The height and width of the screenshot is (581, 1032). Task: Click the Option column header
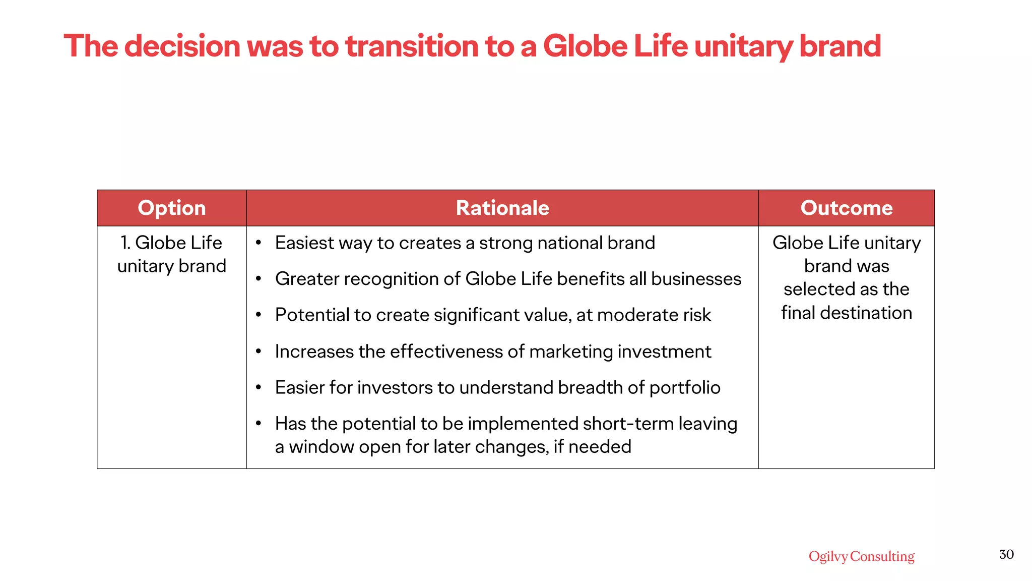(x=171, y=208)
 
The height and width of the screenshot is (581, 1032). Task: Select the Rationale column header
(x=502, y=208)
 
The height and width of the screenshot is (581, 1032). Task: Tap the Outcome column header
(x=846, y=208)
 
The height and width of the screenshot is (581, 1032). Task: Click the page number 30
(x=1006, y=555)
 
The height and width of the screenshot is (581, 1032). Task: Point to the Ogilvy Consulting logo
(x=861, y=556)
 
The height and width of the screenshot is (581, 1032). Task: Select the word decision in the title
(x=182, y=46)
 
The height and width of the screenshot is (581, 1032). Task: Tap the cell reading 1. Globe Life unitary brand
(x=171, y=254)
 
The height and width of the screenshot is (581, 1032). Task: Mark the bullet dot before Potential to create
(x=259, y=315)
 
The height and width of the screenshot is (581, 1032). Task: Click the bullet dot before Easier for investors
(x=259, y=388)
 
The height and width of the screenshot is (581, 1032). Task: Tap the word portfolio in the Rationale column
(x=684, y=388)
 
